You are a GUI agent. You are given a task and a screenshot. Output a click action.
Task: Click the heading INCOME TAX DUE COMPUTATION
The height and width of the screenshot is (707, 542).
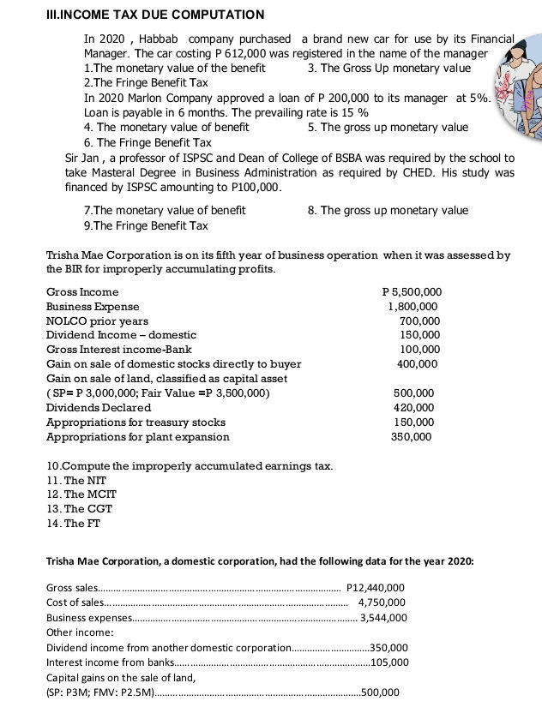tap(138, 15)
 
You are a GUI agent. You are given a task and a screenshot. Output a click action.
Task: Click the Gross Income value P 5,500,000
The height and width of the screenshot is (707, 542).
tap(412, 292)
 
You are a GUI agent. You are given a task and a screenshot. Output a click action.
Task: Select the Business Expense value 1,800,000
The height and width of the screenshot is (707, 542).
tap(414, 306)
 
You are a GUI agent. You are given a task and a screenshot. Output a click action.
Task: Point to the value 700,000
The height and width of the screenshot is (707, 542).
tap(420, 321)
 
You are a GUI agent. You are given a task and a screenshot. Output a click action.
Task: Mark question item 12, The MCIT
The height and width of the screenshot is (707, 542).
tap(81, 494)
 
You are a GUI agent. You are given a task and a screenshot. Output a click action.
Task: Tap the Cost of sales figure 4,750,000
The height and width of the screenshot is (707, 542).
tap(382, 602)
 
